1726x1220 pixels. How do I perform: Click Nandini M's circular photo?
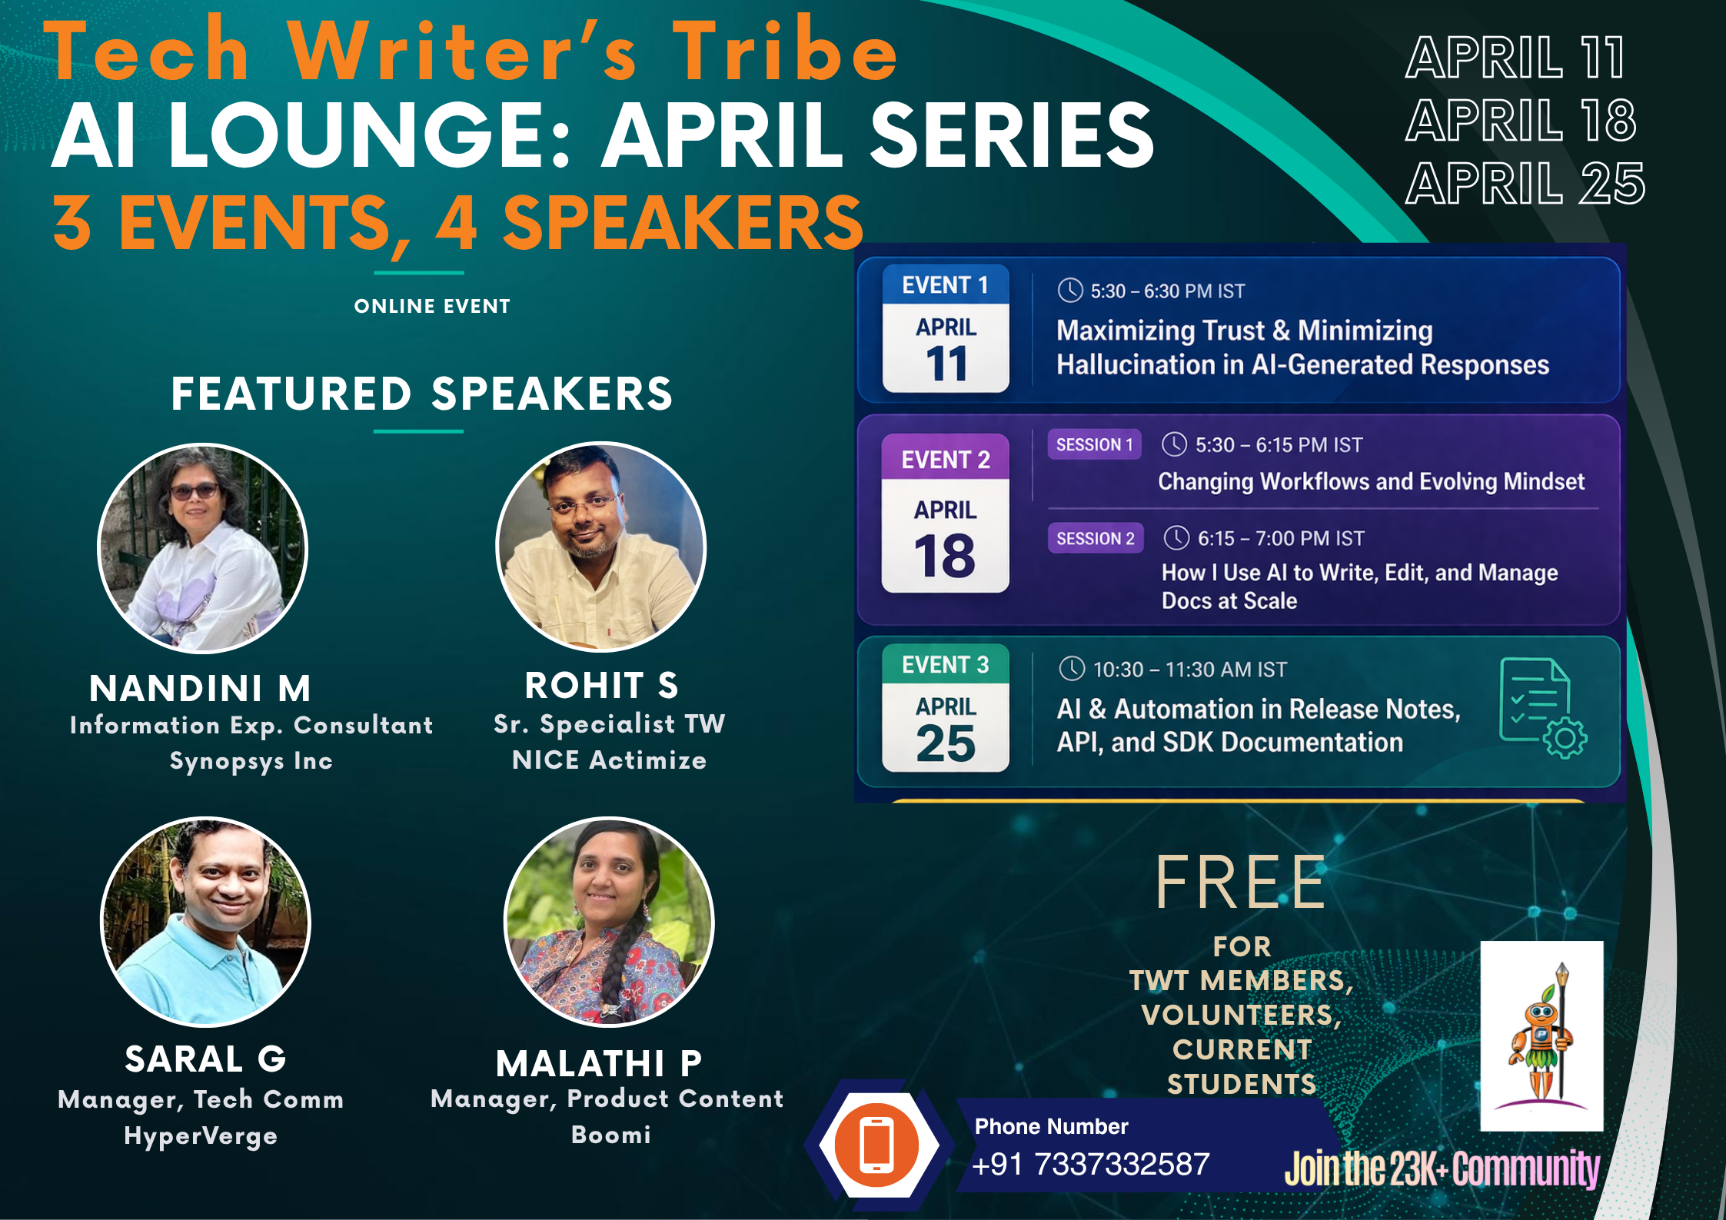coord(202,549)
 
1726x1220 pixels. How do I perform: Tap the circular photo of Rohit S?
coord(600,547)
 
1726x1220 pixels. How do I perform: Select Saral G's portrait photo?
coord(206,922)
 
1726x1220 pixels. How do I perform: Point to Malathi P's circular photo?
coord(609,922)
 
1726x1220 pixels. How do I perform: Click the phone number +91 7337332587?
coord(1091,1165)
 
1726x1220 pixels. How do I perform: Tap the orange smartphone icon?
coord(877,1145)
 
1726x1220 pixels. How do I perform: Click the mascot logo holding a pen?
coord(1541,1036)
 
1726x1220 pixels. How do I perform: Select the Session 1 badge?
coord(1094,445)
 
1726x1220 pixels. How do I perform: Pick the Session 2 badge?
coord(1095,538)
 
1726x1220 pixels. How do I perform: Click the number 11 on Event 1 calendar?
coord(946,364)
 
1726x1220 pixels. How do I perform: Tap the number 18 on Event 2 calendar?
coord(945,556)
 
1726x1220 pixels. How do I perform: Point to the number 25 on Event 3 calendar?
coord(946,743)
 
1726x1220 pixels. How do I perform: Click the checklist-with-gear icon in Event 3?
coord(1542,708)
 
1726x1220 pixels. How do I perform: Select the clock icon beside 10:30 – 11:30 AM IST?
coord(1072,669)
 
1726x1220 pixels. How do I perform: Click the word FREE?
coord(1240,883)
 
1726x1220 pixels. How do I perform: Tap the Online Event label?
coord(432,306)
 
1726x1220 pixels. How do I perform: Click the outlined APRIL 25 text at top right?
coord(1525,184)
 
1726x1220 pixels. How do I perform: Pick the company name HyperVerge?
coord(201,1136)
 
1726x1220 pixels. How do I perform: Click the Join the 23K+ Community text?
coord(1442,1168)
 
